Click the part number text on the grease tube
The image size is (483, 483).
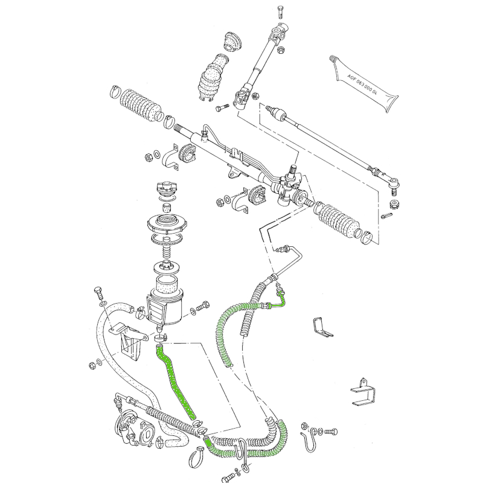coord(362,84)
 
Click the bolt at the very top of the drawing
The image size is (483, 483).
coord(280,11)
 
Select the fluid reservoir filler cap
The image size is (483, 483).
coord(167,188)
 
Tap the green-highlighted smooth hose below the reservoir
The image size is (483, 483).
coord(175,382)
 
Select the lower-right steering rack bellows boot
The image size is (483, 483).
coord(337,220)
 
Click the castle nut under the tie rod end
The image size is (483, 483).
coord(394,203)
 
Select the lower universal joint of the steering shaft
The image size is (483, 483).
coord(243,97)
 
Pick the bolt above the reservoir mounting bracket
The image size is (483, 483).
coord(98,293)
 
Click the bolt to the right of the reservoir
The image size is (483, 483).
coord(203,306)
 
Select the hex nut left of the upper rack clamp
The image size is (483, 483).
coord(149,157)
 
